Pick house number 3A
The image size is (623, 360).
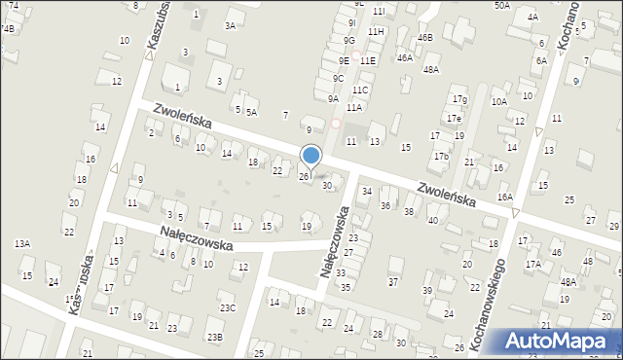coord(230,26)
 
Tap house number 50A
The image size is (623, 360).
coord(501,5)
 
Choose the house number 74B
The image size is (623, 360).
coord(8,29)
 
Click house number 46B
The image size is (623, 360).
coord(424,38)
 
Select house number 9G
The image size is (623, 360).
coord(348,41)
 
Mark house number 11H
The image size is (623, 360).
coord(376,32)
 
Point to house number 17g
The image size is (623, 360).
coord(459,99)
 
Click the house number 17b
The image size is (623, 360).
coord(441,156)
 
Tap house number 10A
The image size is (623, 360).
coord(498,102)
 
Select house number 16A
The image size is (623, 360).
coord(504,197)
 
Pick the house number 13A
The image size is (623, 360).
coord(21,244)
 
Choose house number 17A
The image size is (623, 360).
coord(532,264)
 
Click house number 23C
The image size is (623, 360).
coord(227,308)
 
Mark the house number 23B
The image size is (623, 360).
coord(214,337)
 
